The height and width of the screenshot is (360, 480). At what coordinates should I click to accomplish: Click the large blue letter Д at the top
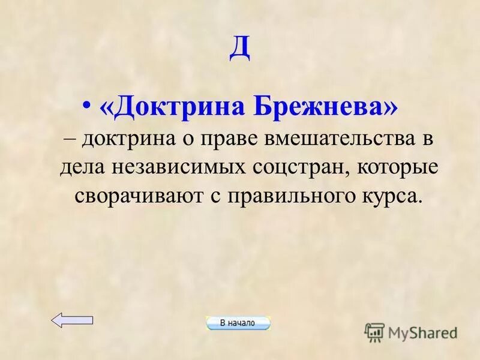(x=240, y=49)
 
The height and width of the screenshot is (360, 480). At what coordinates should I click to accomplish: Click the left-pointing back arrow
(x=72, y=320)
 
